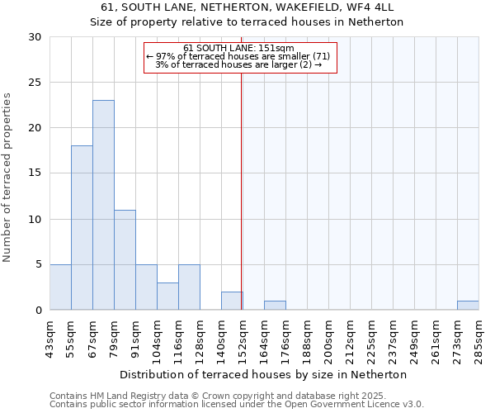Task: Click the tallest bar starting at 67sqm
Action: click(103, 205)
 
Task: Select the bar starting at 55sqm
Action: click(82, 227)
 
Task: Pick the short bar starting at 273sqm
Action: click(468, 305)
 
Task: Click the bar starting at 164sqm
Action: click(275, 305)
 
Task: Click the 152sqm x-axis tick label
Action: click(243, 339)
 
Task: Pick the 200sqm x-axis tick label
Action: click(329, 339)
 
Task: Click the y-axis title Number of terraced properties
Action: click(8, 178)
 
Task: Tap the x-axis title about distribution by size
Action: click(263, 374)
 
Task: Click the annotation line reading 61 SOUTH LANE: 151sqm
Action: click(239, 48)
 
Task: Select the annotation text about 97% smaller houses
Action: click(238, 56)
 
